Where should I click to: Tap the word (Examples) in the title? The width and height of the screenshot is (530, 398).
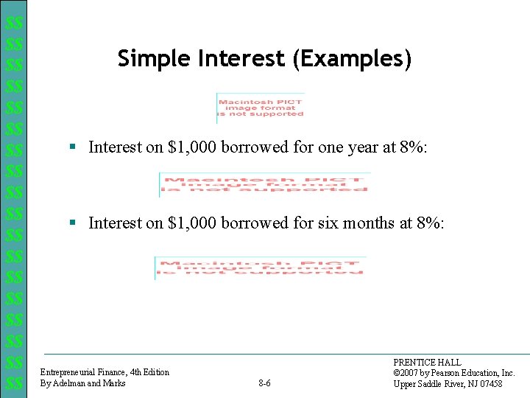pos(352,58)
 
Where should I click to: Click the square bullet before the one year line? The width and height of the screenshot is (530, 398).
pos(72,147)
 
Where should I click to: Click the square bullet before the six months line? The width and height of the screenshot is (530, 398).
pos(72,222)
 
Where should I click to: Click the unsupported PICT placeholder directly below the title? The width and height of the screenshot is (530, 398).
pos(261,108)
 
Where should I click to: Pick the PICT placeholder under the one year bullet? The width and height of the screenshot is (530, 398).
pos(264,184)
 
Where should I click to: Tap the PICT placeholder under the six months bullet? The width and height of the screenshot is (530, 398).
pos(259,267)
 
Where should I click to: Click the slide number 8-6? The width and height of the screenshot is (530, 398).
pos(265,383)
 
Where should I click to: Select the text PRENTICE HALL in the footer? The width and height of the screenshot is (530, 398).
pos(427,363)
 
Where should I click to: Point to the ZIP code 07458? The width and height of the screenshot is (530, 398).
pos(489,384)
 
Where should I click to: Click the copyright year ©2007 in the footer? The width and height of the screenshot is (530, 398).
pos(409,373)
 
